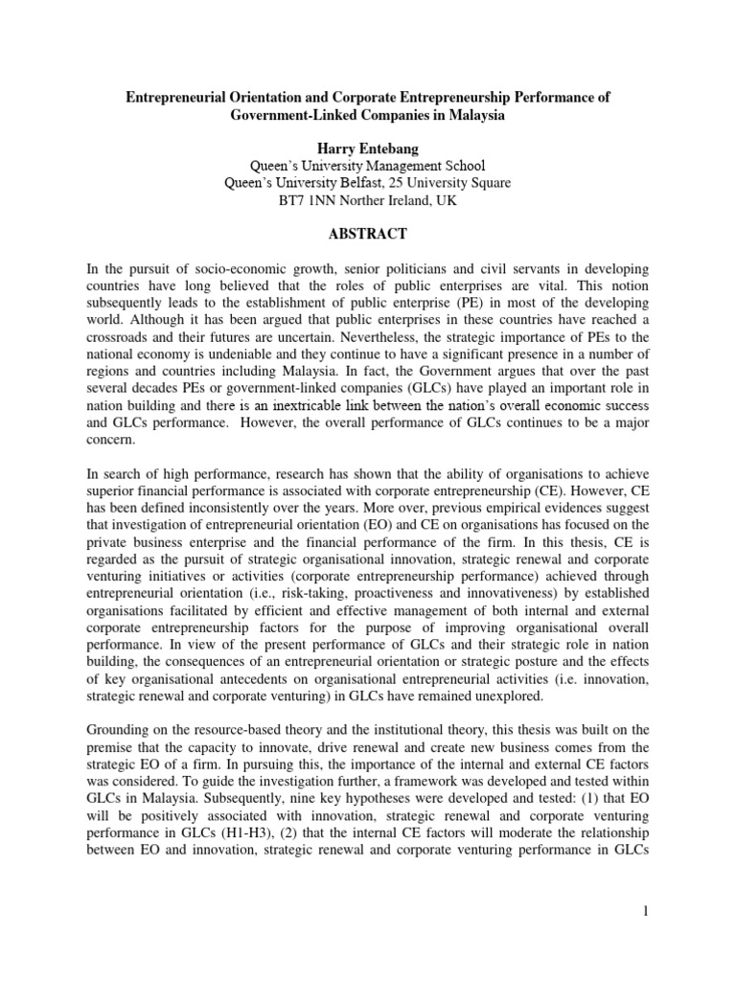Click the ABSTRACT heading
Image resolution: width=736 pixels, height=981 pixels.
(x=367, y=235)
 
